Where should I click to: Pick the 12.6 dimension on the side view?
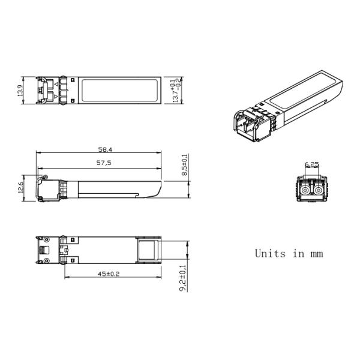click(21, 187)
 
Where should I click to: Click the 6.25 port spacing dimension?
click(311, 164)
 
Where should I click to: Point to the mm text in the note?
click(316, 254)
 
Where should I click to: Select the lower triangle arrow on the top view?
click(55, 96)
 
